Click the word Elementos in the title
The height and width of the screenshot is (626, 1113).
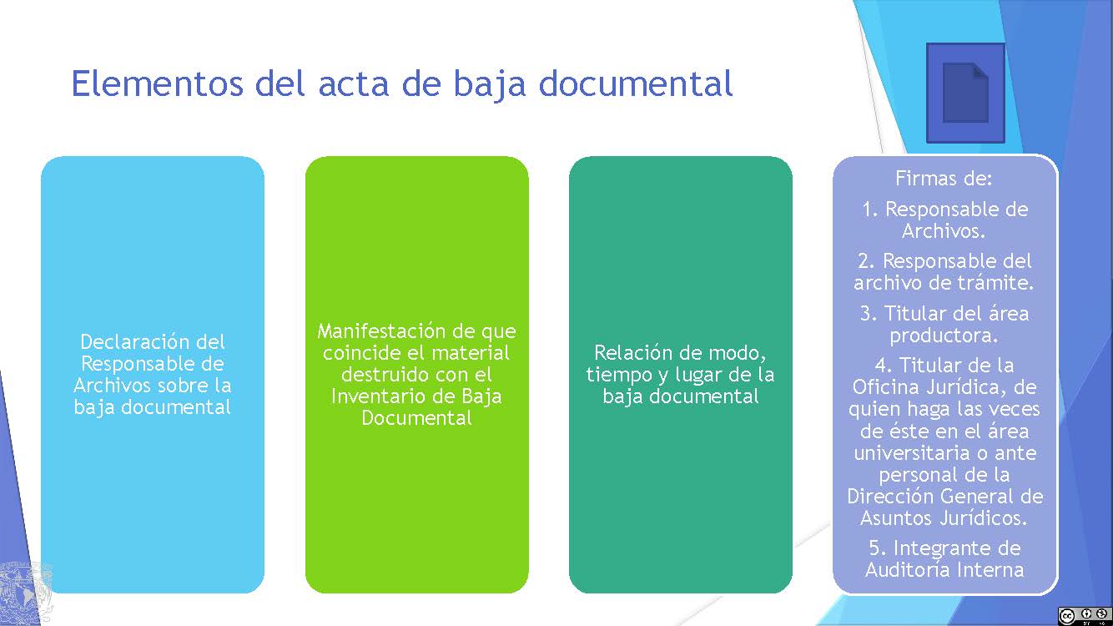click(x=158, y=83)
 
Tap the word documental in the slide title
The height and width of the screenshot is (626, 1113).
click(x=636, y=83)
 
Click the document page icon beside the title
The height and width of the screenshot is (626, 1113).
click(x=965, y=93)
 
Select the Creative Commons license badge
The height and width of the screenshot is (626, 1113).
click(x=1085, y=615)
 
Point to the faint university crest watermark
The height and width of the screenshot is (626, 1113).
click(x=25, y=593)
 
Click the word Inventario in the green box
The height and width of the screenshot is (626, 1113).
click(x=375, y=396)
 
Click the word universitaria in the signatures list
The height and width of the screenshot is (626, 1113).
click(x=912, y=453)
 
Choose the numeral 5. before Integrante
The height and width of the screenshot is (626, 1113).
click(x=878, y=548)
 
